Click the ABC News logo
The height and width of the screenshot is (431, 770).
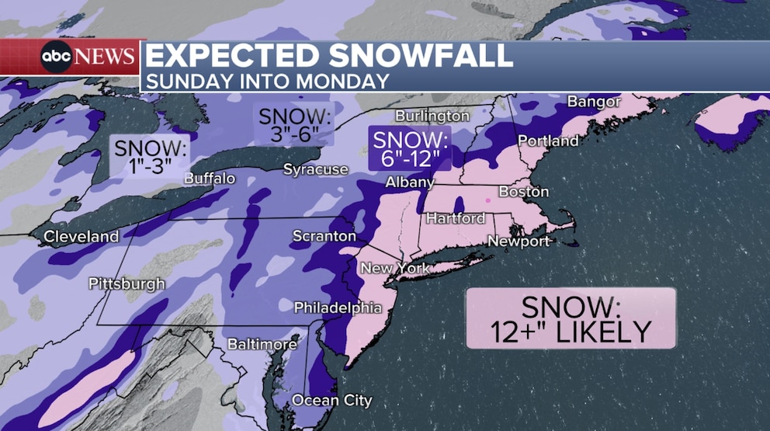coord(88,57)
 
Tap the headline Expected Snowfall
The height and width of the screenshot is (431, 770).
coord(329,56)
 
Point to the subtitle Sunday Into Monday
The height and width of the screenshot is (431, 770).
coord(267,81)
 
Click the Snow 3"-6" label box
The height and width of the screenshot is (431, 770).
coord(295,124)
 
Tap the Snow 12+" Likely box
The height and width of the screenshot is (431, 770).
coord(571,318)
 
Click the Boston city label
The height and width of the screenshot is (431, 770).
coord(524,192)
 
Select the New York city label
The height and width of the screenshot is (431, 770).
coord(394,269)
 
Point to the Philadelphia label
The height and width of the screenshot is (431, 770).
coord(338,308)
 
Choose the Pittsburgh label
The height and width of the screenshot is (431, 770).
coord(127,283)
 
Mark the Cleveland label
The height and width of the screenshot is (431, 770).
coord(82,236)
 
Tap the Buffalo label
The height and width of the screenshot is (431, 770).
coord(210,179)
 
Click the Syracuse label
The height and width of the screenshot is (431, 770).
coord(315,169)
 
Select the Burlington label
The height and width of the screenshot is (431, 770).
coord(432,116)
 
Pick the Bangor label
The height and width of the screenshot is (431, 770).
coord(594,102)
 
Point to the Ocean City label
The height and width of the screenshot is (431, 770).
coord(331,401)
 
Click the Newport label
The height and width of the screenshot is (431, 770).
coord(519,242)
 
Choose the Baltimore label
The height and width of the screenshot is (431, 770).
coord(262,343)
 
